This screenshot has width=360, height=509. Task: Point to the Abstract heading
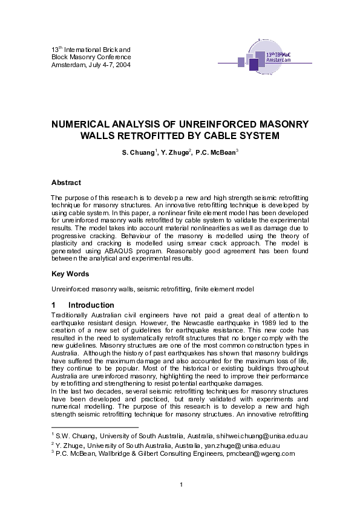coord(66,183)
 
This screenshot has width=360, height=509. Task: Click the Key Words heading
coord(70,274)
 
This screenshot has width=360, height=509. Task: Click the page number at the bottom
coord(181,484)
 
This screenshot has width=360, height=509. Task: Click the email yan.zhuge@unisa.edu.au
coord(254,444)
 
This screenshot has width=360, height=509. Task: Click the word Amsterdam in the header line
coord(66,64)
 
